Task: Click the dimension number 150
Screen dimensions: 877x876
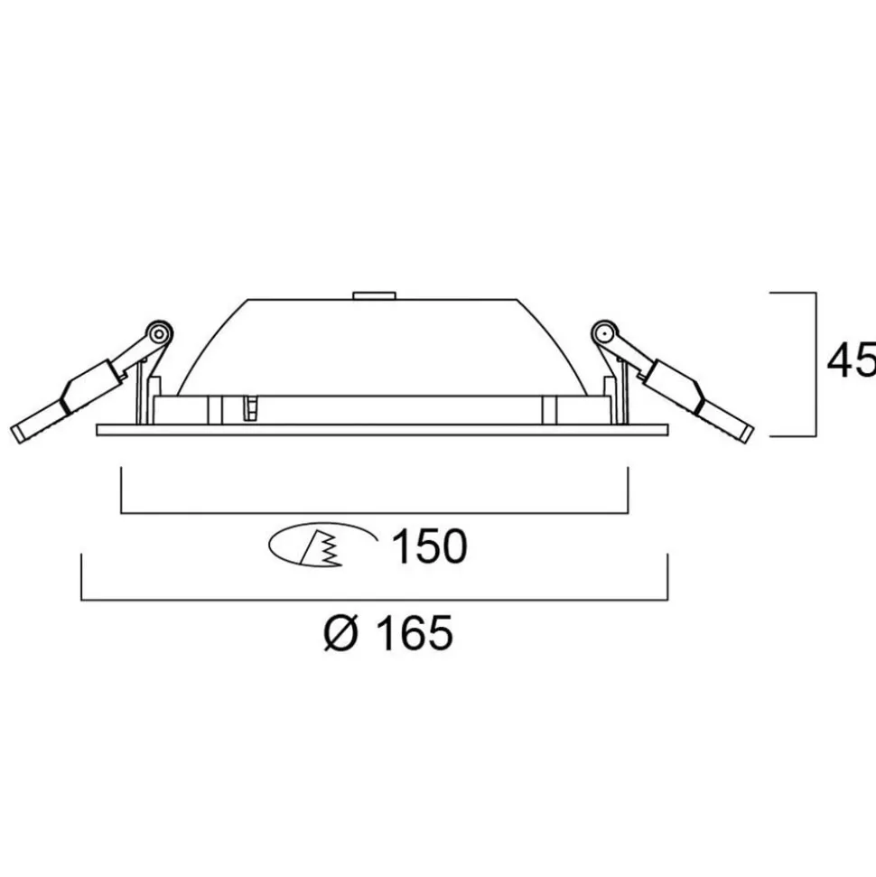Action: [x=429, y=546]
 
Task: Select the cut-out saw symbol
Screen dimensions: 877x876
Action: [x=322, y=546]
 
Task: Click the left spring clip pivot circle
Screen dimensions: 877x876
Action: [x=158, y=333]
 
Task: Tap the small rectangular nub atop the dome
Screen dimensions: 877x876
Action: [x=374, y=294]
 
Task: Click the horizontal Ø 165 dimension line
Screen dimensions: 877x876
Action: [x=374, y=600]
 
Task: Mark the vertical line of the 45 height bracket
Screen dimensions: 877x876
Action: [x=815, y=364]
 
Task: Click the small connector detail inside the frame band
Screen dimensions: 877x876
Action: [x=252, y=409]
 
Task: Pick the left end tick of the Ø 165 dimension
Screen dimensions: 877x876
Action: [x=82, y=577]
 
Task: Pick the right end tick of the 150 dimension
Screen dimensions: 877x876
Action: [x=627, y=490]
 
